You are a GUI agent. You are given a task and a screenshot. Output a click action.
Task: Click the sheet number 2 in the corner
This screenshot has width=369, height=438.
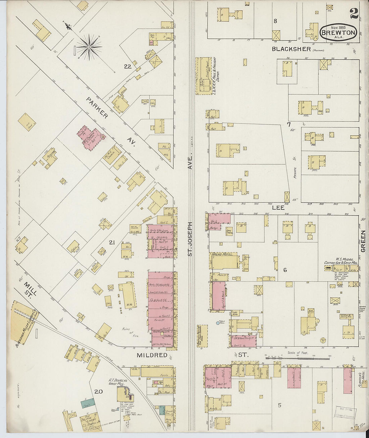354,13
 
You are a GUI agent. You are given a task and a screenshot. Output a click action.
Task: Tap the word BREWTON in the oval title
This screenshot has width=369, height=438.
338,33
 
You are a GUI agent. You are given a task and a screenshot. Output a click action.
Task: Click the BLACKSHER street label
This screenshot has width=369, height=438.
291,49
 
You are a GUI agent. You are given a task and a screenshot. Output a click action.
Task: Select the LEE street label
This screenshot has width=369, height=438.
278,208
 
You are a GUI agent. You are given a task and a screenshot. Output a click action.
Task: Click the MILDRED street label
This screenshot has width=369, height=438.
152,355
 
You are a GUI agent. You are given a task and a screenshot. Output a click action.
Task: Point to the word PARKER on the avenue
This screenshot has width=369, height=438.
97,108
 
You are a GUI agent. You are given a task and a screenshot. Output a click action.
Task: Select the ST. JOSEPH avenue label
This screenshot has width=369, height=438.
190,239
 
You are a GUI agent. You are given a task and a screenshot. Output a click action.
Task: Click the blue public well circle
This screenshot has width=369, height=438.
217,323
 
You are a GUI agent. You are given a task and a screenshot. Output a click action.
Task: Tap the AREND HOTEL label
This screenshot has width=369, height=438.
224,254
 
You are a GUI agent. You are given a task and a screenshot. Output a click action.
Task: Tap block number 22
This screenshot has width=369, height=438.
127,66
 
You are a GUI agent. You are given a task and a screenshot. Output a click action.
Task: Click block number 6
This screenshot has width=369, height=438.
285,270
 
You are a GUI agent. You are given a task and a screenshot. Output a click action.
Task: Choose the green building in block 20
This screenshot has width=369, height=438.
88,402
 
